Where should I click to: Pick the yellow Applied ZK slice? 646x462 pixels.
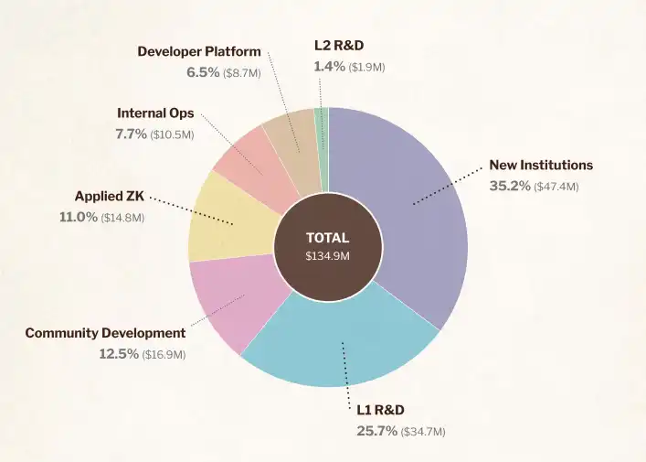224,220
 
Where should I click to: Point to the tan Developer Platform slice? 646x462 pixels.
292,142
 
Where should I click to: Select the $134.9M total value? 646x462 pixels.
327,256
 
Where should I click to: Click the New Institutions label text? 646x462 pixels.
541,166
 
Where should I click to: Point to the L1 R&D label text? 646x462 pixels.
380,409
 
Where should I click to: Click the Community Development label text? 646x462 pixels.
105,333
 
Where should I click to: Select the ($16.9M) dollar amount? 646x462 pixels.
164,354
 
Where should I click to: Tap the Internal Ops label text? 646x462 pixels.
155,113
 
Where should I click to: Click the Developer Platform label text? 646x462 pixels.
199,51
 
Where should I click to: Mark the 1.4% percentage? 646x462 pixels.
329,66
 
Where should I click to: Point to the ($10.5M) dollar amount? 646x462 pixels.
172,134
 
